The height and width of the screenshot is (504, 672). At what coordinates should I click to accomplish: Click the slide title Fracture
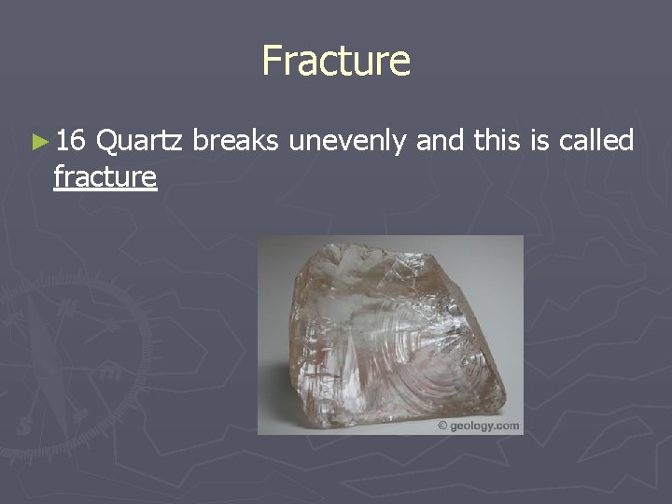[336, 61]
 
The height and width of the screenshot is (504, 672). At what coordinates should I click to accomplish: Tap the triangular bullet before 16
[36, 142]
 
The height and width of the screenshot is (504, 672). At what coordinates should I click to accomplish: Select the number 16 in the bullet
[71, 141]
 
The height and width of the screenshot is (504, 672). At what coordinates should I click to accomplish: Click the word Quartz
[143, 142]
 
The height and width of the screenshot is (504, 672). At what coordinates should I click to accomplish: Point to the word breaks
[238, 141]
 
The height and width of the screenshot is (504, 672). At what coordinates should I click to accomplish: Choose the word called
[597, 141]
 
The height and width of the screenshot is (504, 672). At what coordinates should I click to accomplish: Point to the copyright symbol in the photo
[441, 426]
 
